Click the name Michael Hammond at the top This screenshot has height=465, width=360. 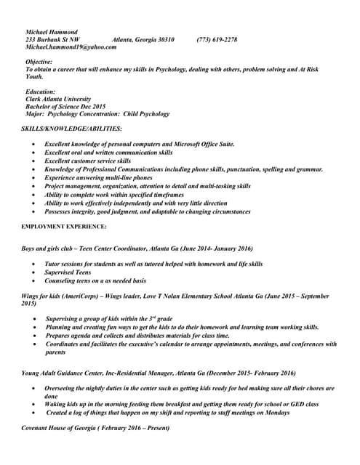[x=52, y=32]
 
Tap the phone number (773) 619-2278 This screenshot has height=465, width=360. [x=217, y=39]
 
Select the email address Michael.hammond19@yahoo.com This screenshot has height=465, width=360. [x=71, y=46]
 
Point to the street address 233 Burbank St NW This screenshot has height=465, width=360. [x=53, y=39]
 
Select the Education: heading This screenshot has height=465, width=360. [x=41, y=92]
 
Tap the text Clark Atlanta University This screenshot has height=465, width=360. [x=58, y=100]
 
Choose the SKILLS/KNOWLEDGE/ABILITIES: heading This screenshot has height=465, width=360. [x=71, y=129]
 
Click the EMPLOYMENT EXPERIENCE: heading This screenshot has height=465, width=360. [x=64, y=227]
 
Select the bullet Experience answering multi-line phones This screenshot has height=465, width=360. [x=98, y=177]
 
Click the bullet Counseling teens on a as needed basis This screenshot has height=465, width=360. [x=95, y=280]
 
